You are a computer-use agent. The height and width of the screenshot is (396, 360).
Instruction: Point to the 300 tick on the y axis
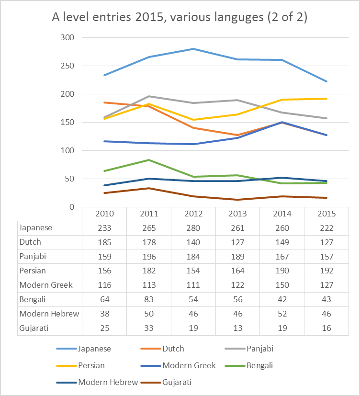click(x=67, y=37)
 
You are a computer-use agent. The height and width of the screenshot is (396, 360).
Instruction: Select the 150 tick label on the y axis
click(x=67, y=122)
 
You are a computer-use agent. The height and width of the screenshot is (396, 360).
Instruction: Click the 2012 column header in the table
click(x=193, y=213)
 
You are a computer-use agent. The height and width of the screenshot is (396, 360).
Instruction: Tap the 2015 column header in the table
click(x=326, y=213)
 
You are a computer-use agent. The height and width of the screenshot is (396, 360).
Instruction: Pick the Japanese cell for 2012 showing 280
click(x=193, y=228)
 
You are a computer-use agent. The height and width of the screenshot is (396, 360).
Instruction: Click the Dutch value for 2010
click(x=104, y=242)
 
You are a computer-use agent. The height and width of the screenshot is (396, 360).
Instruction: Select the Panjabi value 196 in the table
click(x=148, y=257)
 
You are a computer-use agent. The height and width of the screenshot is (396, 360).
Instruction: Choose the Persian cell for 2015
click(x=326, y=271)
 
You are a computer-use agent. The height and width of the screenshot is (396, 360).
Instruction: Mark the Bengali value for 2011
click(x=148, y=300)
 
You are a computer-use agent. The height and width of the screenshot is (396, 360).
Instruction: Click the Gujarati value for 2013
click(x=237, y=328)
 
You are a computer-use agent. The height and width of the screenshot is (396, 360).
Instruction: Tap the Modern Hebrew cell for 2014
click(x=282, y=314)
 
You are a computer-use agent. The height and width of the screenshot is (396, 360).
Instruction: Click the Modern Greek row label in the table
click(x=46, y=285)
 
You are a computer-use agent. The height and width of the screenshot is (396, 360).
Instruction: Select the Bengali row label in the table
click(x=33, y=300)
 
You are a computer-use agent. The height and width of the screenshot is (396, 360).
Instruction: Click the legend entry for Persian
click(x=90, y=365)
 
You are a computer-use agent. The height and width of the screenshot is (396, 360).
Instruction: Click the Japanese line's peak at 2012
click(x=193, y=49)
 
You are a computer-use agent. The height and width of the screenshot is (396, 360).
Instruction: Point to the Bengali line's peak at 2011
click(x=148, y=160)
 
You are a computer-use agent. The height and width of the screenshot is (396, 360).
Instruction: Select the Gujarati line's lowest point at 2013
click(x=237, y=200)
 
